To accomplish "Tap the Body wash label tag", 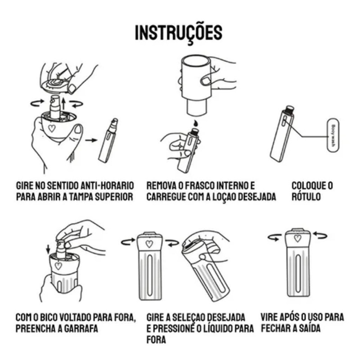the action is pyautogui.click(x=333, y=135).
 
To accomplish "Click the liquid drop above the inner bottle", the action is pyautogui.click(x=195, y=123).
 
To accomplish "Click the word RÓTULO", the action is pyautogui.click(x=306, y=197).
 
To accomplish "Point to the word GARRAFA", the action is pyautogui.click(x=81, y=328).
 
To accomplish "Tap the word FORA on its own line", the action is pyautogui.click(x=156, y=340).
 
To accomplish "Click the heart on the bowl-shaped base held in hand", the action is pyautogui.click(x=52, y=128).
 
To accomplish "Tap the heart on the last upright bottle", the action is pyautogui.click(x=298, y=238).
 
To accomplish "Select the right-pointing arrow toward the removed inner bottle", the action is pyautogui.click(x=91, y=140).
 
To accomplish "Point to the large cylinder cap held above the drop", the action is pyautogui.click(x=196, y=85).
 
